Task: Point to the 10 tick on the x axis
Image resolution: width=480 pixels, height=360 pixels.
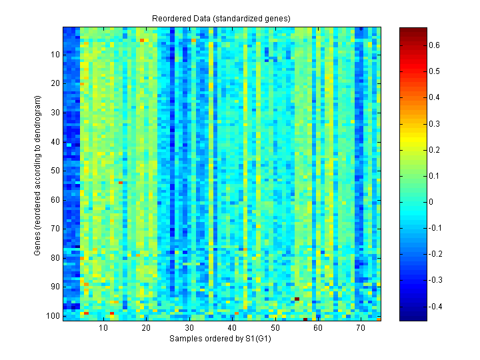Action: (103, 328)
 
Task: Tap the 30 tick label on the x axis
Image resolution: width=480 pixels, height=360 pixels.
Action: (189, 328)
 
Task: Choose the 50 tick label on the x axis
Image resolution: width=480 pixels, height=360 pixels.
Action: (275, 328)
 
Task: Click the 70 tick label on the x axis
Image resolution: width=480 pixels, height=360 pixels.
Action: (361, 328)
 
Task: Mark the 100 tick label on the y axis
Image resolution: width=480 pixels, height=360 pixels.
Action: (53, 315)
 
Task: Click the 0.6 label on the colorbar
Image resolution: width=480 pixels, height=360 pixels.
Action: (434, 45)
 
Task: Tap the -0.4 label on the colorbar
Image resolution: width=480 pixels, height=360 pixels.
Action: (435, 307)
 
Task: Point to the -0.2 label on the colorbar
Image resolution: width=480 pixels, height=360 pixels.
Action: (435, 254)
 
